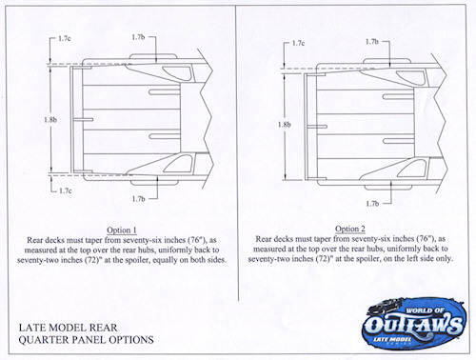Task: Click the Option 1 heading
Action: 122,230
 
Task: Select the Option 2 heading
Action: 350,229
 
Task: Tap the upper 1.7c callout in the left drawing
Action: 65,38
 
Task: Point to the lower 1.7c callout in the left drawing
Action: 66,190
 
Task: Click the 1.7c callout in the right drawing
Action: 298,43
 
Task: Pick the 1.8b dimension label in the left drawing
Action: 50,120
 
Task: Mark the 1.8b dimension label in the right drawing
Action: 285,125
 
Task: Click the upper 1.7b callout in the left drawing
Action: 138,37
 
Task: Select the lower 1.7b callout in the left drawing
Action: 138,199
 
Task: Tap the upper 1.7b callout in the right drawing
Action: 372,42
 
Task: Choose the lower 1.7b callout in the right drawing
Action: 372,204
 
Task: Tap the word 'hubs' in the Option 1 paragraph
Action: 148,250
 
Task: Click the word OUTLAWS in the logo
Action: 413,324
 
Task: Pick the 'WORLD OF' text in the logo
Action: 424,310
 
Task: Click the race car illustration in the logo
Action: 386,307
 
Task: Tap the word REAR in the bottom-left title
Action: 103,328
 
